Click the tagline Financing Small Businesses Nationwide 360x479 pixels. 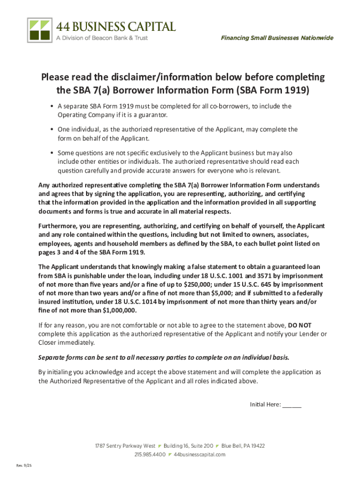[x=277, y=38]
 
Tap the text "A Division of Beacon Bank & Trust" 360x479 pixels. [x=102, y=37]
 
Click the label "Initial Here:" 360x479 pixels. [x=265, y=404]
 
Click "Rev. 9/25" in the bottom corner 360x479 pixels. [x=24, y=465]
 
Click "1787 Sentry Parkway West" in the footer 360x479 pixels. [x=125, y=446]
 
